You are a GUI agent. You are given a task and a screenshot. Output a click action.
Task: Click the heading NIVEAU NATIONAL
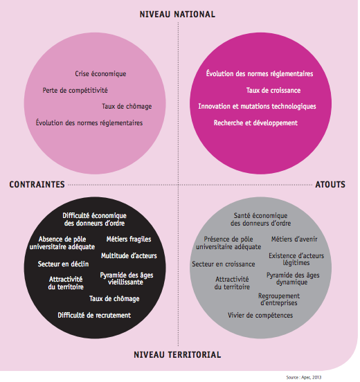177,15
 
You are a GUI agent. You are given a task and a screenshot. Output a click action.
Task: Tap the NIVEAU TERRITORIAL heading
177,355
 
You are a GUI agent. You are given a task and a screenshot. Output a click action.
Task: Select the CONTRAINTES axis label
37,184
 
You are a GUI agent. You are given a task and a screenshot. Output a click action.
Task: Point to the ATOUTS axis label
330,184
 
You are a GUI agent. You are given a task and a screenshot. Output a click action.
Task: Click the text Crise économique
100,73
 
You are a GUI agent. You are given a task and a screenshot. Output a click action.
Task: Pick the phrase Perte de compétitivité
75,91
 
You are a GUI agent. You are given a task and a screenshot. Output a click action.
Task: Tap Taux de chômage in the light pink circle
127,106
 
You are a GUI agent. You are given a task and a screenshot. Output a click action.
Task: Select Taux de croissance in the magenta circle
273,91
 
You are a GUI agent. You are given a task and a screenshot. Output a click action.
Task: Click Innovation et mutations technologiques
257,107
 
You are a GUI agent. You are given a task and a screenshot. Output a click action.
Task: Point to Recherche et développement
255,122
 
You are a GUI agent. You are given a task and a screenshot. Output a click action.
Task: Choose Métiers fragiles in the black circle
129,239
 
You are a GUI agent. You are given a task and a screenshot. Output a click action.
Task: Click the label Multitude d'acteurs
129,255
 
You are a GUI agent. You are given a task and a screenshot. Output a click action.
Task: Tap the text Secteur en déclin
63,264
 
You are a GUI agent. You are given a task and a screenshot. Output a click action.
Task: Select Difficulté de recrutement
94,316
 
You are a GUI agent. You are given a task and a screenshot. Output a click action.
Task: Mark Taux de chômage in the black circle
114,299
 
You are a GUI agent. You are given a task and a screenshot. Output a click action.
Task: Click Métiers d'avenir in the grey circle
294,239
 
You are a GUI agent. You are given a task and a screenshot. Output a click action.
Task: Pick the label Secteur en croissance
223,264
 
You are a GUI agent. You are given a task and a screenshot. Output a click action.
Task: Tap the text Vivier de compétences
260,316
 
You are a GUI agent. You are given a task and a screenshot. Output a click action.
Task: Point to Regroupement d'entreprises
279,300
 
